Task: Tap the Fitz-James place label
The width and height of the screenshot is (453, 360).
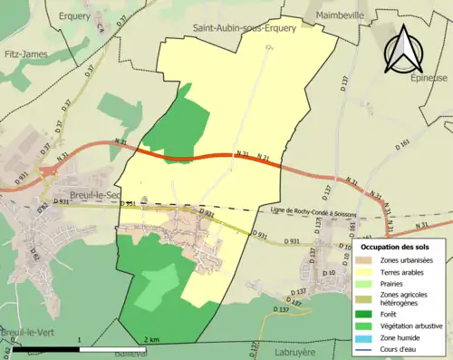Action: click(21, 54)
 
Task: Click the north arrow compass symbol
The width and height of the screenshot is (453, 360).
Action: click(407, 48)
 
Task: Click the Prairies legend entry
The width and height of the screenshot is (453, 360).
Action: click(395, 284)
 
